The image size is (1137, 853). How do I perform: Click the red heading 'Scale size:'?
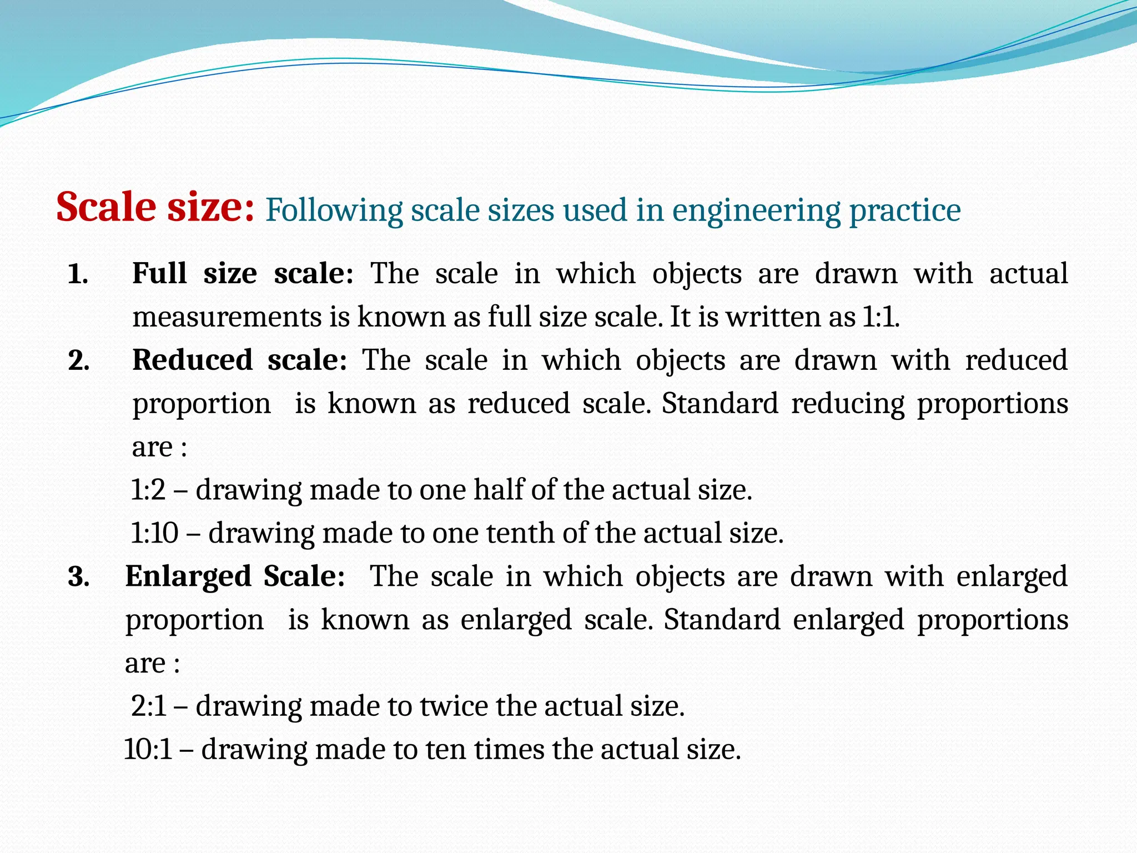point(155,207)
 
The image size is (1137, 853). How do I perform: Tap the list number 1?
point(78,274)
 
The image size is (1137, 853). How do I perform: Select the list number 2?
point(78,361)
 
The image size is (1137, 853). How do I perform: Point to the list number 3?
point(78,577)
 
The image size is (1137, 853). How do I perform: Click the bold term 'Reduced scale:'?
point(239,360)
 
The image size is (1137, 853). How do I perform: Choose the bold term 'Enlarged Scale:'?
point(235,576)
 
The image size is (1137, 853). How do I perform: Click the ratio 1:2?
point(148,490)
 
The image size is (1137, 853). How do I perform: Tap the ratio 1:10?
point(154,533)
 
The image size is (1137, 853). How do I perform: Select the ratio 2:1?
point(149,706)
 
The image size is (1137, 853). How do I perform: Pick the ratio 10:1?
point(148,750)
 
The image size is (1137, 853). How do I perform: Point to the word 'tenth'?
point(521,533)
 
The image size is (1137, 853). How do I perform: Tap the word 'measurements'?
point(227,317)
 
